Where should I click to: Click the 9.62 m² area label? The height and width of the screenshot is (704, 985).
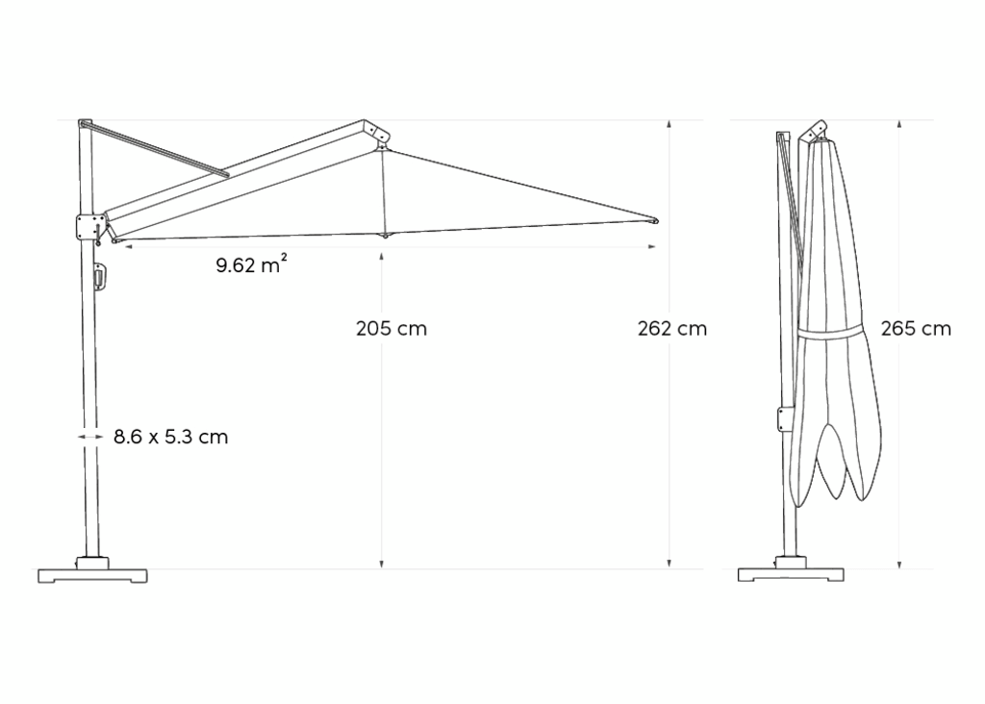[x=252, y=264]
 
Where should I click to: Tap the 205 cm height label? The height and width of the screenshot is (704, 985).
[x=391, y=329]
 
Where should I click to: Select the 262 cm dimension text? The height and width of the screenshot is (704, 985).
[x=672, y=329]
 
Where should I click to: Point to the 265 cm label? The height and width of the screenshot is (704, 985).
[x=916, y=329]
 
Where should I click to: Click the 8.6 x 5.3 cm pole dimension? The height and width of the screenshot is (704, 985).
[x=171, y=437]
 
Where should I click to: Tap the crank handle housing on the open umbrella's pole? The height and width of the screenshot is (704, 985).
[x=100, y=277]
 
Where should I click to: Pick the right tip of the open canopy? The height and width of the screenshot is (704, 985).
[x=655, y=221]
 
